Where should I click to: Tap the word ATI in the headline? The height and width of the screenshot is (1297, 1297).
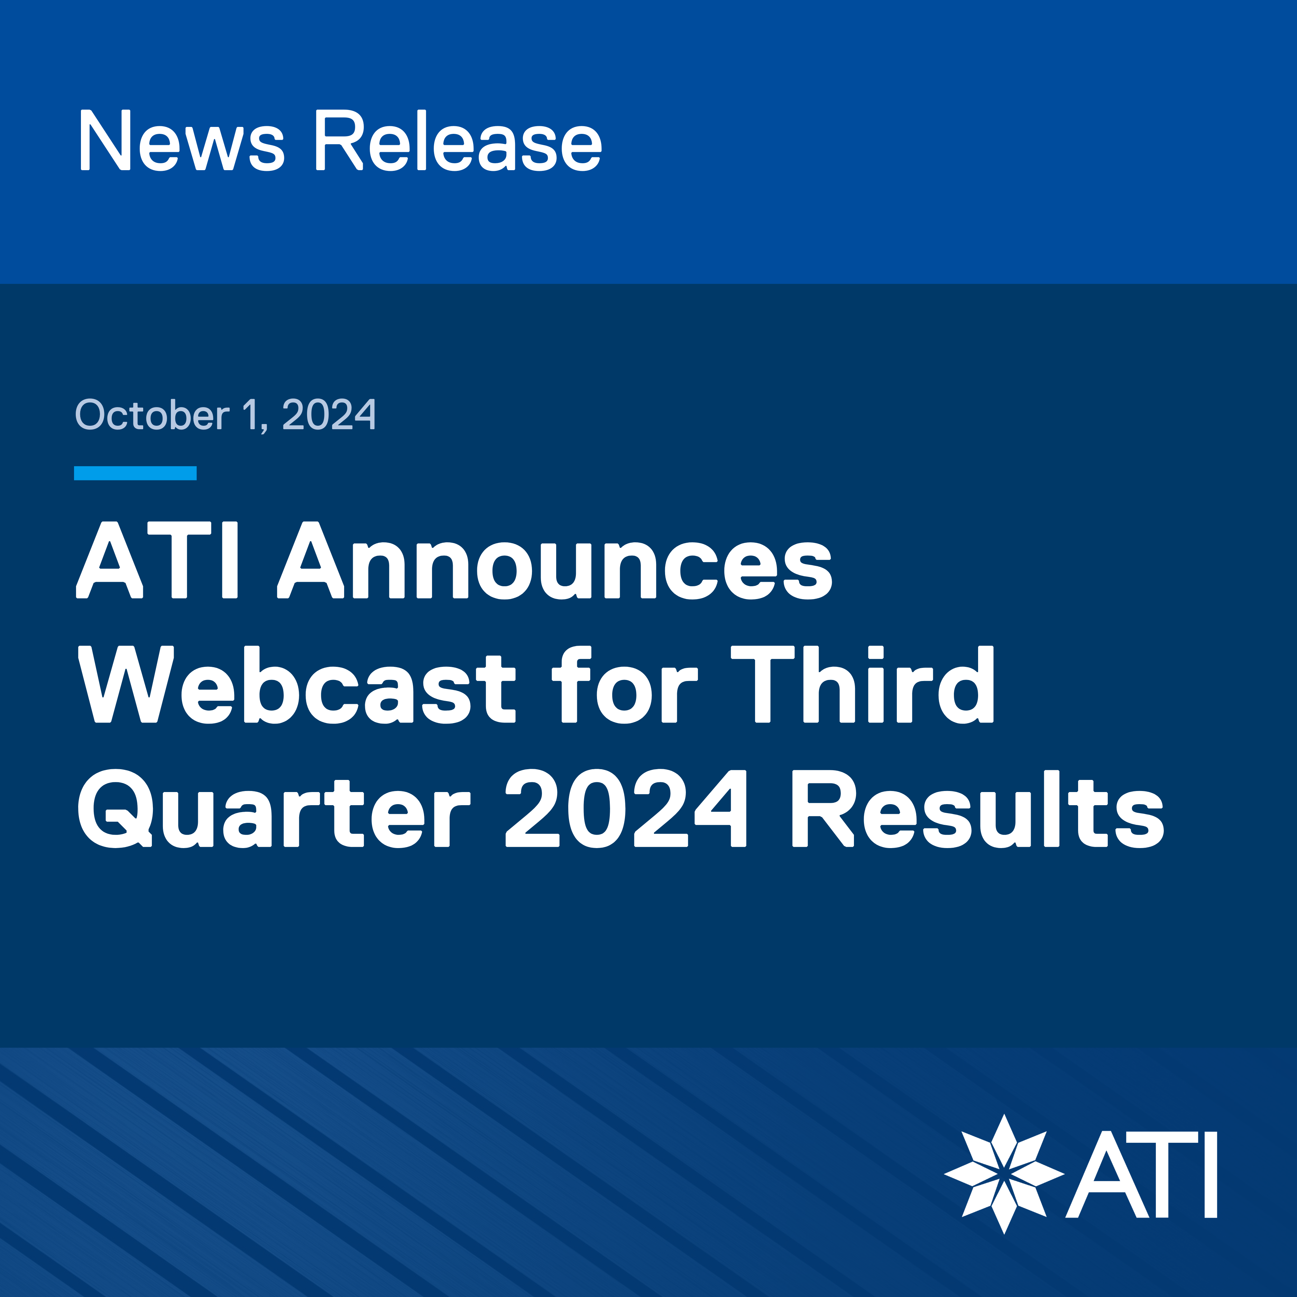click(x=157, y=560)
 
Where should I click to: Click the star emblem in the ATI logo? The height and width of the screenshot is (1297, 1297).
click(x=1004, y=1174)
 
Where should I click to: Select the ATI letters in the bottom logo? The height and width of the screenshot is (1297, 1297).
click(x=1141, y=1174)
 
